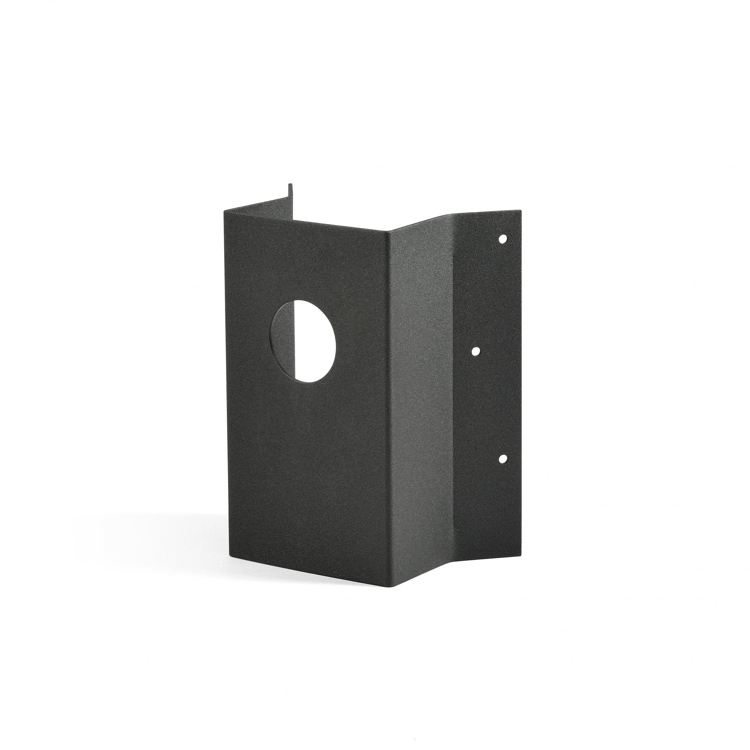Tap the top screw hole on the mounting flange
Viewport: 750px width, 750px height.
click(503, 239)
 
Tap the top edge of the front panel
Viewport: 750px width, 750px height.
click(307, 221)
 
